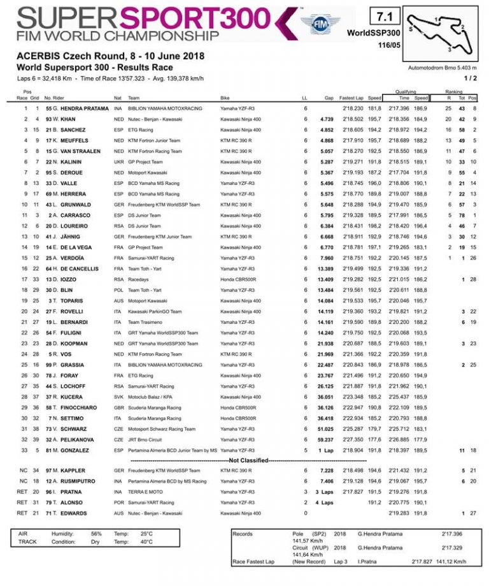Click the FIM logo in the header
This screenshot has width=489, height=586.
[321, 24]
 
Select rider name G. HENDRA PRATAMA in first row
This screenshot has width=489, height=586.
[69, 109]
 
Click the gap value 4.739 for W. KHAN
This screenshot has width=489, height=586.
[327, 119]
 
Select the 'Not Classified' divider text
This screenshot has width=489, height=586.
[248, 459]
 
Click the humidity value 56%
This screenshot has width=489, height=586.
[96, 533]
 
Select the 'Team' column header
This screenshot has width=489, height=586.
[133, 98]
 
